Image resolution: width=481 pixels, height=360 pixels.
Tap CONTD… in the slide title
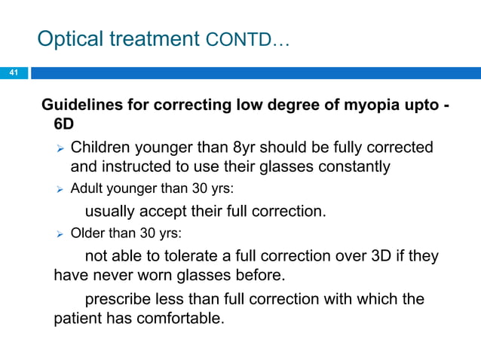click(x=245, y=41)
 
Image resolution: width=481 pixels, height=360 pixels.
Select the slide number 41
click(x=13, y=73)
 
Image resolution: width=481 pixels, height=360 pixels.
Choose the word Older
click(x=87, y=233)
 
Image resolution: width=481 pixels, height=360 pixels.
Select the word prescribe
click(x=118, y=299)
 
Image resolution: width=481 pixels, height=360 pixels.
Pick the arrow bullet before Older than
click(x=60, y=234)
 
